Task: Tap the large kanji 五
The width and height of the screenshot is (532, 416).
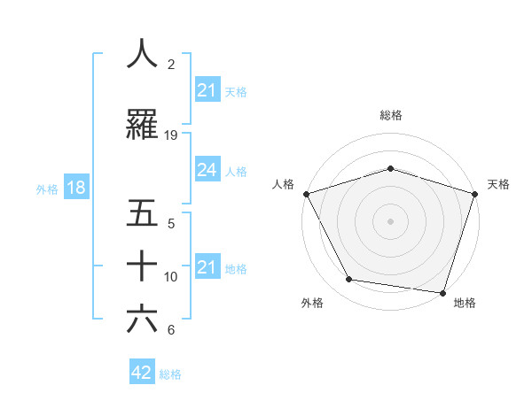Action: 142,213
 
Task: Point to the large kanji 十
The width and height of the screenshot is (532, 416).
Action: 142,266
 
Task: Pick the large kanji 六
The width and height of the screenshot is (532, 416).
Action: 142,320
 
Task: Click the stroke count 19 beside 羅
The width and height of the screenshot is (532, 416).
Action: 171,135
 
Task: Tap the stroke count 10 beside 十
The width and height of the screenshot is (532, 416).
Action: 171,277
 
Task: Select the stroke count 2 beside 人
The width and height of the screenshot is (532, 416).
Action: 171,65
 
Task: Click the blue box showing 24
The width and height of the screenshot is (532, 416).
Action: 207,171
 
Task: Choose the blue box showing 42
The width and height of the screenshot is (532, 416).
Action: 142,374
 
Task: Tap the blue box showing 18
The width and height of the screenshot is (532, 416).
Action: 75,188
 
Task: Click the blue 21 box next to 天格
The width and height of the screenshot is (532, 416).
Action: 207,90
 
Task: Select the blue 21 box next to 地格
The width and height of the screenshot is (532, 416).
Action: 207,267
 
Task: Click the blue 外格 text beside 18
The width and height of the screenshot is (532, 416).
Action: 47,189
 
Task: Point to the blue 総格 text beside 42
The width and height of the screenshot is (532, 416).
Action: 170,374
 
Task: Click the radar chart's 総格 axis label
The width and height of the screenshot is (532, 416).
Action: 391,115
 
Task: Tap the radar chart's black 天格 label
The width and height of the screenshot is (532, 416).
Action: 498,184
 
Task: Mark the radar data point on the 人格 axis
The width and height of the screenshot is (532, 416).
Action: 306,194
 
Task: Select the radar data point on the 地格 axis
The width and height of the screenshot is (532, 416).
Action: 442,292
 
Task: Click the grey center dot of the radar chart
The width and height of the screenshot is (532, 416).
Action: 390,220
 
